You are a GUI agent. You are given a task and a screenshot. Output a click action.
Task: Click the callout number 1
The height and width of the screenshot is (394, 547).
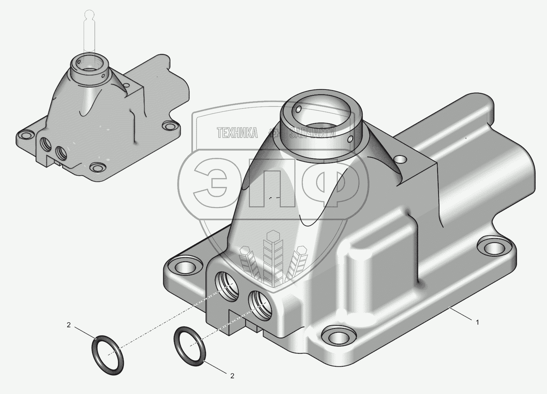coord(477,322)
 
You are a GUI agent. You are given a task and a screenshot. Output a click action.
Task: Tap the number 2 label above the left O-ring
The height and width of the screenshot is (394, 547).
coord(69,325)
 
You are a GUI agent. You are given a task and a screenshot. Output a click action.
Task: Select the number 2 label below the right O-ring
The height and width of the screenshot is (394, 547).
coord(232,382)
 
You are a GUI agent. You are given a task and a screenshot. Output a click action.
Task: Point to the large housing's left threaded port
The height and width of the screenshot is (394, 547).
coord(227,285)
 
